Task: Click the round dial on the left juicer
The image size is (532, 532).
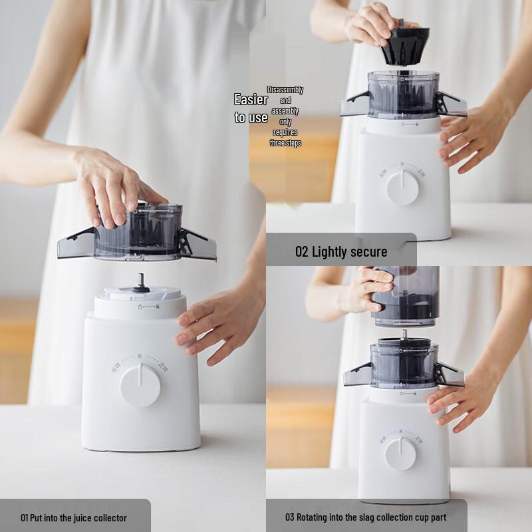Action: click(x=140, y=384)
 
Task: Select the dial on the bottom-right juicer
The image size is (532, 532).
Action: click(x=400, y=454)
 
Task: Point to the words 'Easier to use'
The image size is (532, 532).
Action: click(x=251, y=108)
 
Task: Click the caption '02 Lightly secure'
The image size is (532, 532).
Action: click(x=341, y=251)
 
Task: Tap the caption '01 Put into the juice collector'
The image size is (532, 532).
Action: click(x=74, y=517)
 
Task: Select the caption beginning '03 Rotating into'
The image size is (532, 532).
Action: click(x=366, y=517)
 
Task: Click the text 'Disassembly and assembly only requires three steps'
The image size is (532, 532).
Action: click(x=285, y=116)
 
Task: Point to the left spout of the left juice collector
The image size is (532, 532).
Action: click(x=75, y=243)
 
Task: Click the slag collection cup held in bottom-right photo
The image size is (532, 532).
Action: click(x=405, y=296)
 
